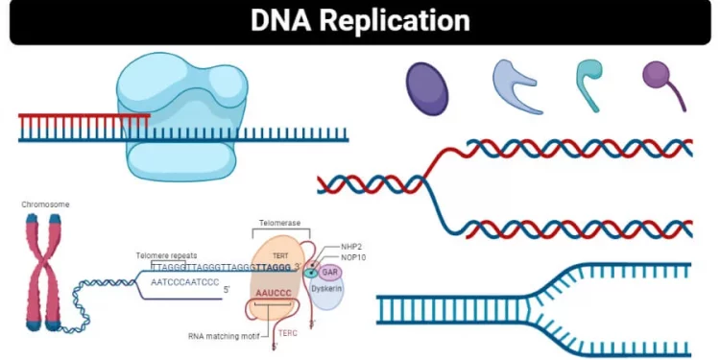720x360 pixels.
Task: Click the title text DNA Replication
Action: click(x=360, y=21)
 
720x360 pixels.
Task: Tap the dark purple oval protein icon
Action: click(x=427, y=88)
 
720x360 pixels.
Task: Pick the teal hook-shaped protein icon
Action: click(x=588, y=82)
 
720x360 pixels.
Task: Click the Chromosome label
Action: click(x=46, y=204)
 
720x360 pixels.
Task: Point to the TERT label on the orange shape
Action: click(x=279, y=255)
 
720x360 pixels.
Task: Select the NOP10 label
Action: click(x=354, y=257)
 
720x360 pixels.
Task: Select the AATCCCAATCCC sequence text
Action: click(x=185, y=283)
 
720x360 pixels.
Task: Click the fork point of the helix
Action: click(x=429, y=182)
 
